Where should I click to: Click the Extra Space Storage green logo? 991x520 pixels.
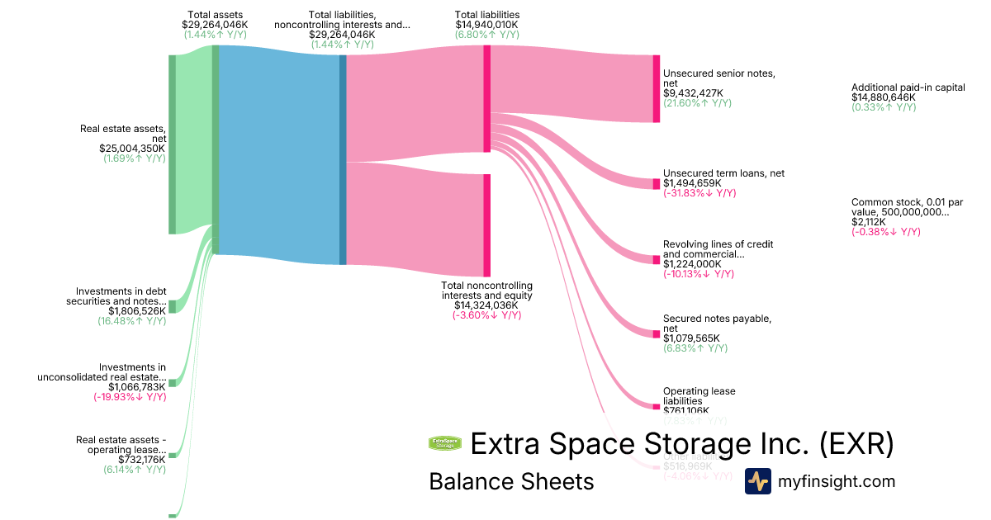(445, 443)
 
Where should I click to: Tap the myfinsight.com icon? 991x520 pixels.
(757, 481)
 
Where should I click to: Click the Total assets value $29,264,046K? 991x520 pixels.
(215, 25)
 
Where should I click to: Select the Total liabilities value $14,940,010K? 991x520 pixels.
(487, 25)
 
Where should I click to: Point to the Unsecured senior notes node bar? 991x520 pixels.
(657, 88)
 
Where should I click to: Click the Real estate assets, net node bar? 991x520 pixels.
(172, 144)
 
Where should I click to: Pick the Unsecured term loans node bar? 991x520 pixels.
(657, 183)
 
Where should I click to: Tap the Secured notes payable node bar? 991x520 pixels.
(657, 332)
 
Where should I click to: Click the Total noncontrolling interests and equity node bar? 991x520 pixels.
(487, 225)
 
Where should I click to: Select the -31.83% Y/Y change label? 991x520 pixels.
(699, 193)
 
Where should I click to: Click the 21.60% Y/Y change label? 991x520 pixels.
(697, 103)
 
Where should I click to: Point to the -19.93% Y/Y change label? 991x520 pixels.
(130, 397)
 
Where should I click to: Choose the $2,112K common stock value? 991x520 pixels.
(869, 222)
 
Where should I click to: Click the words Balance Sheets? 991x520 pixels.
(511, 481)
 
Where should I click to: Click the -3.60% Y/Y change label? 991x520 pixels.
(486, 315)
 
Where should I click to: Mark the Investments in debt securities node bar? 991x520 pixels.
(172, 307)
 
